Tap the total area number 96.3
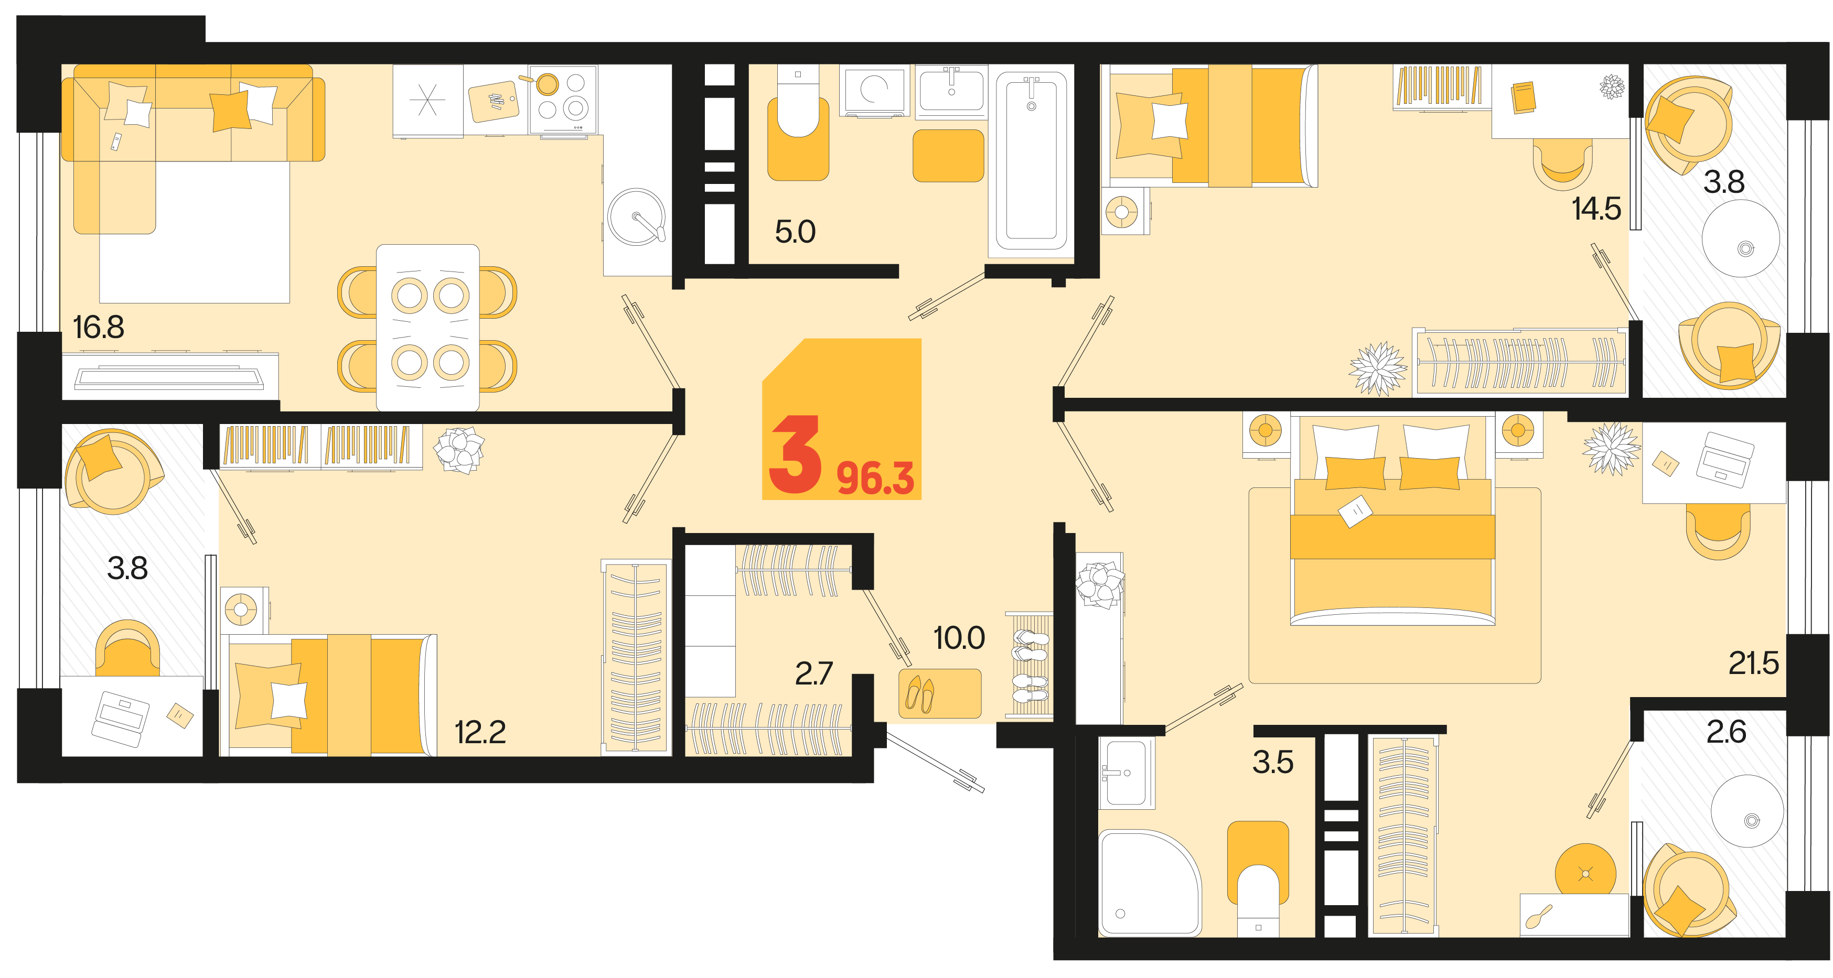point(875,478)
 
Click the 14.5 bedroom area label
point(1596,209)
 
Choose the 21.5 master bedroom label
point(1753,664)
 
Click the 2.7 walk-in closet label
point(813,673)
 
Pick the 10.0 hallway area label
point(959,638)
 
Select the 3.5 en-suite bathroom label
point(1273,763)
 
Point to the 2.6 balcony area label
point(1726,732)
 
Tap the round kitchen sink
point(637,217)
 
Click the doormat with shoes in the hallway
point(939,693)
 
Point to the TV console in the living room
point(169,376)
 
